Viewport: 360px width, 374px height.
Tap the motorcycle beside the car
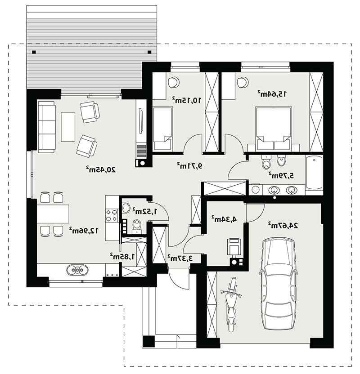click(231, 305)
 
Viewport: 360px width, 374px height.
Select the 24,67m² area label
click(283, 225)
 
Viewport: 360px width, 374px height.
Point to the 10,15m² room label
click(187, 100)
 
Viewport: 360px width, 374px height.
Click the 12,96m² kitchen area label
click(84, 231)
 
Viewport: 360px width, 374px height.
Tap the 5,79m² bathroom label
click(281, 176)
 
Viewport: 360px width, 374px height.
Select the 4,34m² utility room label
click(224, 219)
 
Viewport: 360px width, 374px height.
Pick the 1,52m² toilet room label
click(145, 211)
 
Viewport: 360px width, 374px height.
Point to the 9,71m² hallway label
click(189, 165)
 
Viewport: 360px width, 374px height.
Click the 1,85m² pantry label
click(122, 256)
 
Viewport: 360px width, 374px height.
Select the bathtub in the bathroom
click(314, 173)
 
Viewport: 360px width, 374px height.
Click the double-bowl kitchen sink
click(77, 270)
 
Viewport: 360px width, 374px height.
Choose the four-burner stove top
click(112, 215)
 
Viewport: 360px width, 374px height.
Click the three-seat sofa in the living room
click(46, 127)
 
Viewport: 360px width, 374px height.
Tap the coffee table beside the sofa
click(68, 127)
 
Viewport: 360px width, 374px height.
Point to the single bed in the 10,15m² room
click(163, 129)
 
